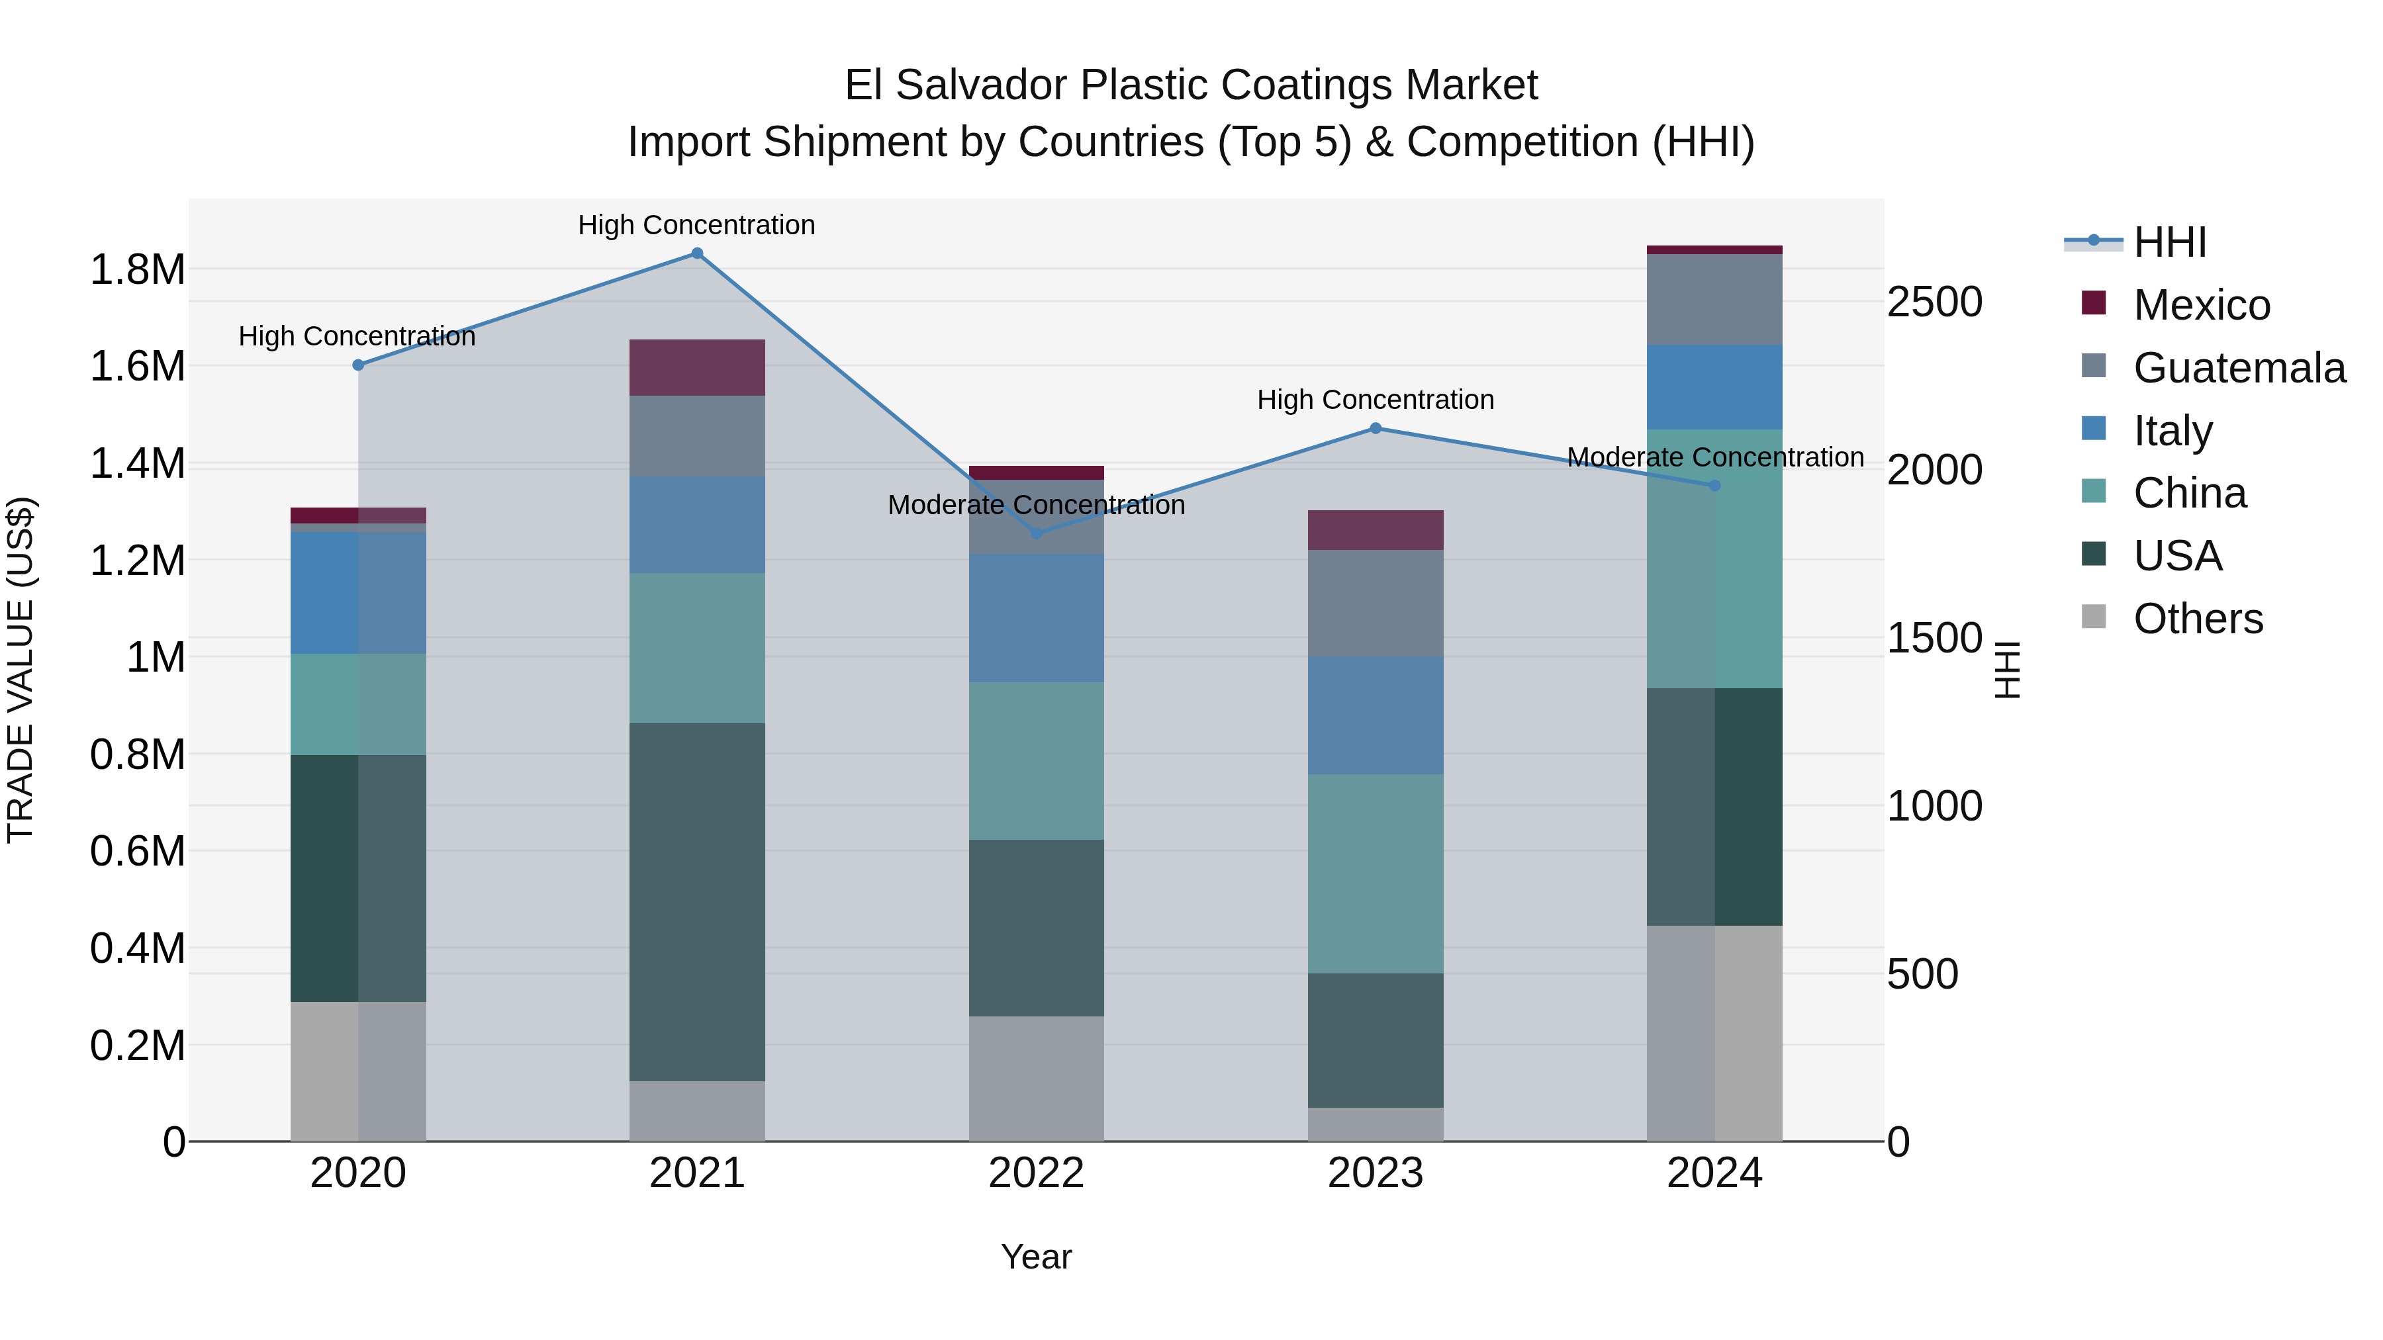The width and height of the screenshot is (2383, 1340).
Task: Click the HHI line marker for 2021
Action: point(698,253)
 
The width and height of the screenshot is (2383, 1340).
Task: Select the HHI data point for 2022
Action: point(1036,533)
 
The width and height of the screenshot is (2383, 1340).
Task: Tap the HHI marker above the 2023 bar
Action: point(1376,428)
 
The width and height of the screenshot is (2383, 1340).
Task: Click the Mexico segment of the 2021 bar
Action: point(698,368)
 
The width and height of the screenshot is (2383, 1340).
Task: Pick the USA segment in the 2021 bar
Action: point(698,902)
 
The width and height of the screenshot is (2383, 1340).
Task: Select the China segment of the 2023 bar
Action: point(1376,874)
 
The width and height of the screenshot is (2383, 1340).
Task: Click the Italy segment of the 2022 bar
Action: point(1036,618)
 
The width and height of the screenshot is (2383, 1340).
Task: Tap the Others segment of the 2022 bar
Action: point(1036,1079)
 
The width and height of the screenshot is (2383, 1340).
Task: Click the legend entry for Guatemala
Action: point(2239,368)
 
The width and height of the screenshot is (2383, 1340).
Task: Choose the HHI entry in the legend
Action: point(2169,242)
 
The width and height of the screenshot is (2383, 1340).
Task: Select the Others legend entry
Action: point(2197,619)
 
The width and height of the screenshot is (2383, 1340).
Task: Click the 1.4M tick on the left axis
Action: point(137,463)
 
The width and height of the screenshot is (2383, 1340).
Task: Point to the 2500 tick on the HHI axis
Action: point(1934,302)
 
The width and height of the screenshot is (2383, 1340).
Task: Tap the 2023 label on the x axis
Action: point(1376,1173)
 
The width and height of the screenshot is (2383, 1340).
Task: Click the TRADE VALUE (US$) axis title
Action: point(21,670)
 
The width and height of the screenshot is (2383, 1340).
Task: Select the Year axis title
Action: point(1036,1257)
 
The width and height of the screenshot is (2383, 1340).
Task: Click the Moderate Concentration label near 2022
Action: point(1036,505)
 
